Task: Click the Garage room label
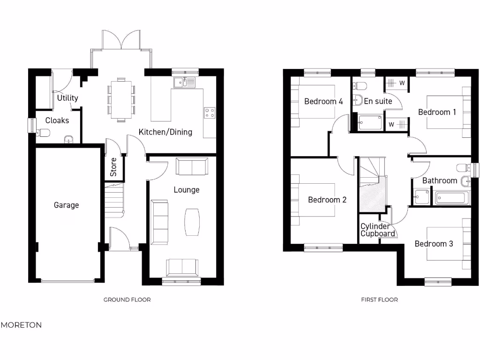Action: point(66,205)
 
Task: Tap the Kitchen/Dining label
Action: point(165,132)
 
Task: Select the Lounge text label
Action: point(187,190)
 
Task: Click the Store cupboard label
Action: point(113,167)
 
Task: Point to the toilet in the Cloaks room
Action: point(43,133)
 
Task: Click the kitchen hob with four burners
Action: point(210,112)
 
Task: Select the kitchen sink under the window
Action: point(186,83)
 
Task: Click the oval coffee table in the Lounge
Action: point(192,222)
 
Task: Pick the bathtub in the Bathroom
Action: point(450,198)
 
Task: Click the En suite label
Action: point(378,101)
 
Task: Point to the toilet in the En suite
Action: point(360,86)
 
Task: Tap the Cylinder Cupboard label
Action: point(376,230)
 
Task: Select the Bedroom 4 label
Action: point(323,101)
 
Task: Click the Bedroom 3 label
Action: point(434,244)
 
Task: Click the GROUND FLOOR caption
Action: point(127,300)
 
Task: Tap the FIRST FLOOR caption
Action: point(379,300)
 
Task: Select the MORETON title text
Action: point(21,325)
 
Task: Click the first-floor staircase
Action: point(372,183)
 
